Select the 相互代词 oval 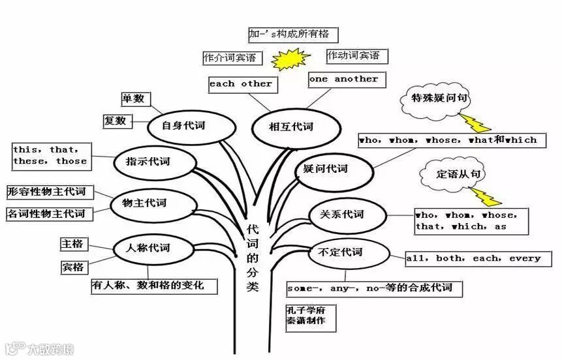[291, 127]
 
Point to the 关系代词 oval [341, 215]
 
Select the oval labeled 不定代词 [339, 252]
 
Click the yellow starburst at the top [290, 61]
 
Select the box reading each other [241, 84]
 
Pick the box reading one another [343, 80]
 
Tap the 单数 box [134, 99]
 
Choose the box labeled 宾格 [72, 267]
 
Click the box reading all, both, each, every [473, 258]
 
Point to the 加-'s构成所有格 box [293, 33]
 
